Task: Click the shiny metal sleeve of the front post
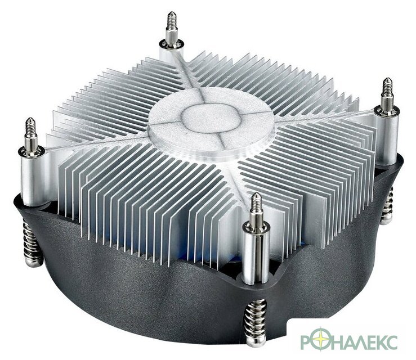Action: click(256, 255)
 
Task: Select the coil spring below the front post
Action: click(255, 323)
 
